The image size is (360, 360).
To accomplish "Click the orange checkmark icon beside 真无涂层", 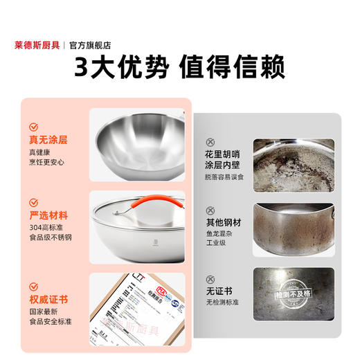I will coord(33,127).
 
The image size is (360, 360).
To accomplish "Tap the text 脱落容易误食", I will coord(226,178).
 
